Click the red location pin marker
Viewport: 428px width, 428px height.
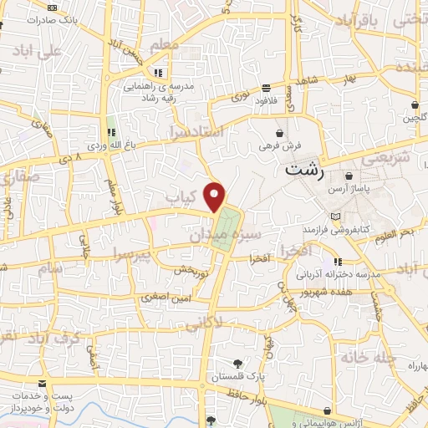pyautogui.click(x=216, y=196)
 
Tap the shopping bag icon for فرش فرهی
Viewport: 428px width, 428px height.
pyautogui.click(x=280, y=133)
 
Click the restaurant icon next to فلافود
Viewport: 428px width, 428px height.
pyautogui.click(x=266, y=88)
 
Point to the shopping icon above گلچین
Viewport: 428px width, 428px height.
pyautogui.click(x=415, y=105)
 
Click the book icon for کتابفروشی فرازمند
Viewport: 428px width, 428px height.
pyautogui.click(x=336, y=217)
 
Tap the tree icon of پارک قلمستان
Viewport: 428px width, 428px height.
pyautogui.click(x=238, y=362)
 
